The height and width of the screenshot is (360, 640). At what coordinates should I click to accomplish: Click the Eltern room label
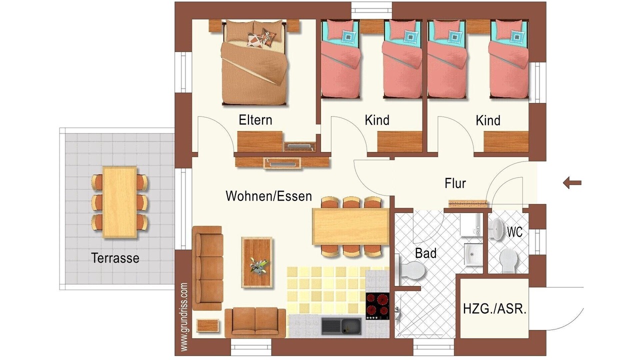click(255, 120)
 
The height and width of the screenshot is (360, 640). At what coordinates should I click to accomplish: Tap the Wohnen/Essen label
click(269, 196)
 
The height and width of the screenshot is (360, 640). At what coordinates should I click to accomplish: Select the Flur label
click(455, 183)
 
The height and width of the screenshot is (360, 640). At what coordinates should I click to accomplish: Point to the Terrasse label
click(115, 258)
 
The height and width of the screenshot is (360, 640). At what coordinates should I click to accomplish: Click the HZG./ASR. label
click(495, 309)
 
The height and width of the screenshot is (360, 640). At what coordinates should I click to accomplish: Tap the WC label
click(515, 232)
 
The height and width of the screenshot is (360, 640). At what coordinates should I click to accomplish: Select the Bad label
click(425, 253)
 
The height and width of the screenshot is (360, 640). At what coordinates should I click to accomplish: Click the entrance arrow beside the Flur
click(572, 183)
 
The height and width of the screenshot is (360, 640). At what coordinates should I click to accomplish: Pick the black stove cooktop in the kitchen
click(377, 305)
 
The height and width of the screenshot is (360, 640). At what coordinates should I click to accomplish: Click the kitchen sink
click(341, 326)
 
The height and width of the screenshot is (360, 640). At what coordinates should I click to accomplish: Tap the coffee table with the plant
click(256, 262)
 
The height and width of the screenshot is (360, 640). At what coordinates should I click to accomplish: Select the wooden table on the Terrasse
click(119, 202)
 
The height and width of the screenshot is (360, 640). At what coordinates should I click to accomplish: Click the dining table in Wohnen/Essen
click(351, 226)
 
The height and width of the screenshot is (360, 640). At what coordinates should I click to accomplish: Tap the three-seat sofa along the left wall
click(207, 268)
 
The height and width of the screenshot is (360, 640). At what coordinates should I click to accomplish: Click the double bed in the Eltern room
click(254, 62)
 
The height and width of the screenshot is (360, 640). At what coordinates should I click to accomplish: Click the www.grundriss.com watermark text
click(184, 317)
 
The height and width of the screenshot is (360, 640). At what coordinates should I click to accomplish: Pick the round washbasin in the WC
click(497, 228)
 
